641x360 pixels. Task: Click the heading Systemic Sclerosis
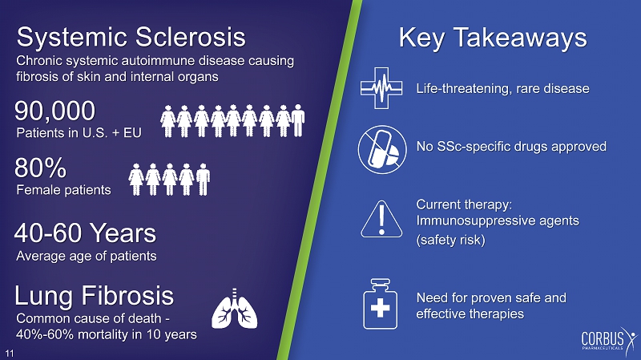coord(131,37)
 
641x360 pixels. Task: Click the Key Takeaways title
coord(493,38)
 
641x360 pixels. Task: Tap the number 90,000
coord(54,111)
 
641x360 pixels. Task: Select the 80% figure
coord(40,168)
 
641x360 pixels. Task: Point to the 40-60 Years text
coord(85,233)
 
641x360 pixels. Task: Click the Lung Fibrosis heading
coord(94,295)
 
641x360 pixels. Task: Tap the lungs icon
coord(235,308)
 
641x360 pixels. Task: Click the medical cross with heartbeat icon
coord(381,88)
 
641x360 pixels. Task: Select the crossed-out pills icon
coord(382,149)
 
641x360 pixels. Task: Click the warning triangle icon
coord(381,220)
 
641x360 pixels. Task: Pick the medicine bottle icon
coord(380,304)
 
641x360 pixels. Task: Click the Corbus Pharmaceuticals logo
coord(609,341)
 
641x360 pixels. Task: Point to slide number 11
coord(10,354)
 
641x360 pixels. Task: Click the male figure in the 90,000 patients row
coord(297,120)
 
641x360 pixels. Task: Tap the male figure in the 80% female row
coord(203,179)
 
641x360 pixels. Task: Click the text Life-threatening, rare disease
coord(503,89)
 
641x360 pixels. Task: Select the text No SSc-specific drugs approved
coord(511,147)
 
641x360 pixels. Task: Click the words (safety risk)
coord(450,239)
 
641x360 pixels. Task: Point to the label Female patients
coord(63,190)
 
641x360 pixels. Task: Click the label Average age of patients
coord(87,256)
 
